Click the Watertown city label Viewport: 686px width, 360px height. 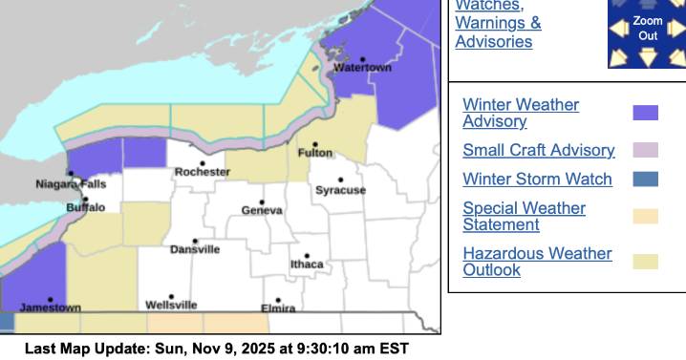click(x=362, y=68)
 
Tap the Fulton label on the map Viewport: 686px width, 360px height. click(x=315, y=153)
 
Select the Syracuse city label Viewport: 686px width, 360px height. click(x=340, y=190)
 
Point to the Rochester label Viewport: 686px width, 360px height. click(x=202, y=172)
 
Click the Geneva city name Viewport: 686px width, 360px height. click(x=261, y=210)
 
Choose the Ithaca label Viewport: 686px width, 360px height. click(x=307, y=264)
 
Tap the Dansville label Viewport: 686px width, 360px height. click(x=195, y=249)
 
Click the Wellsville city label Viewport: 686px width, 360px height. click(x=171, y=305)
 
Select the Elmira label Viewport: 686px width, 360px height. click(x=278, y=307)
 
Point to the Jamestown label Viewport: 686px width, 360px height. click(x=50, y=307)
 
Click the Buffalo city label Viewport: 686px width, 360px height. click(x=86, y=207)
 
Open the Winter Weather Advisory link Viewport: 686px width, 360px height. click(x=521, y=113)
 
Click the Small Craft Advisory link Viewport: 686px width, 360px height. click(x=538, y=150)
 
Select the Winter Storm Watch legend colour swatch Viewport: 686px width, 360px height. click(x=645, y=180)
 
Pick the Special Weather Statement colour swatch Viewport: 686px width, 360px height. click(x=645, y=217)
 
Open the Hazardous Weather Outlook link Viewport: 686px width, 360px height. click(x=536, y=262)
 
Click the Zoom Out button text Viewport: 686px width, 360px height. click(x=648, y=28)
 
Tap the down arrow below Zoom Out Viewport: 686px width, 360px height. click(x=648, y=59)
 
